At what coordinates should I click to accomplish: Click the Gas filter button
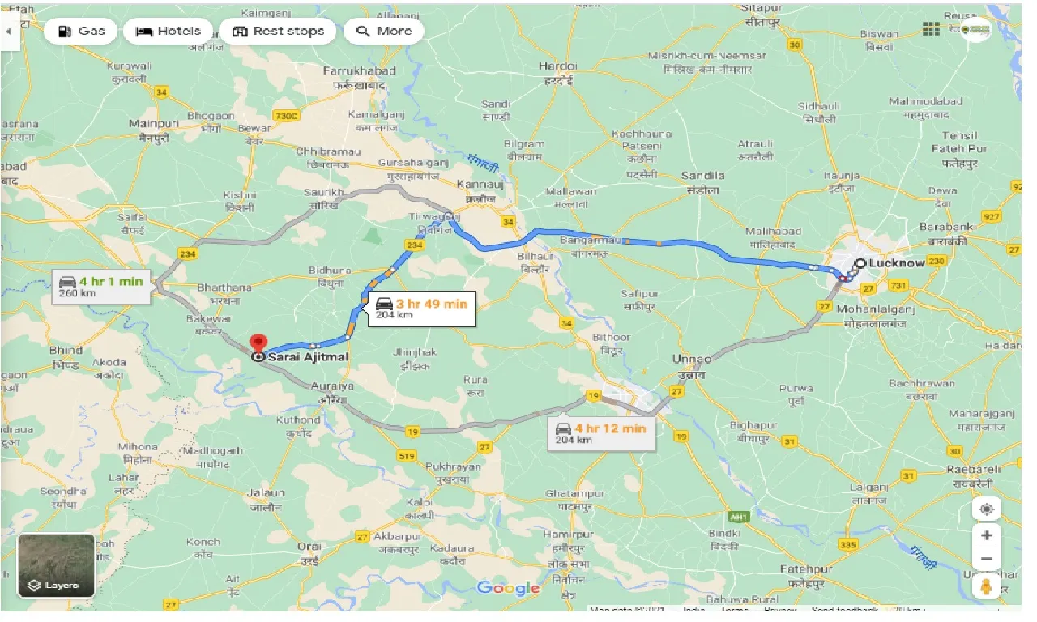click(x=81, y=31)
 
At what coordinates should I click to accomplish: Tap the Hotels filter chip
click(x=169, y=31)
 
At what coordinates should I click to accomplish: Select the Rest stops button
click(x=278, y=31)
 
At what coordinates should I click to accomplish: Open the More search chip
click(x=384, y=31)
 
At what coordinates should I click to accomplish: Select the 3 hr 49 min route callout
click(x=421, y=309)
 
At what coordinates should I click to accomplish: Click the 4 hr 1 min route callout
click(x=101, y=287)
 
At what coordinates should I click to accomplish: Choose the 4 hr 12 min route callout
click(x=600, y=432)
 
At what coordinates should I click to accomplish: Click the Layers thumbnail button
click(x=56, y=565)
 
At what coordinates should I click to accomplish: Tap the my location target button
click(x=986, y=509)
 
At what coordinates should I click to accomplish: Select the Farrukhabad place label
click(x=359, y=71)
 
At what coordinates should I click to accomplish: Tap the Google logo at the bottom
click(x=508, y=588)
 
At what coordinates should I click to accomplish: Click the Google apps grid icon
click(x=931, y=29)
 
